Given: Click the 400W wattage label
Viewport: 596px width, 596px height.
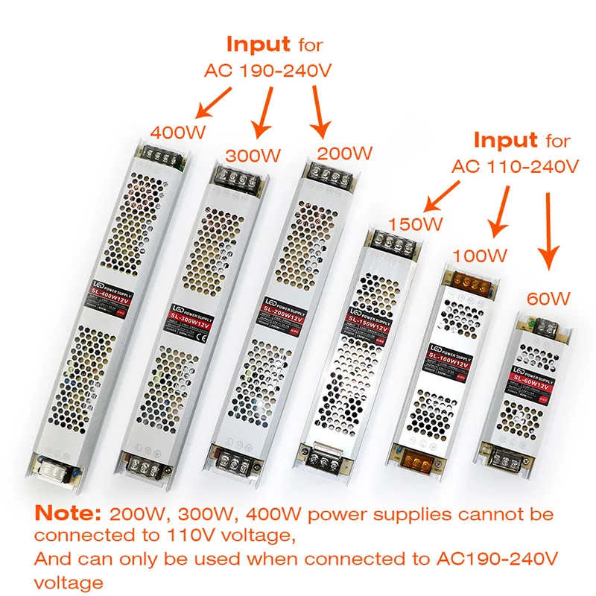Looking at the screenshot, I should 178,133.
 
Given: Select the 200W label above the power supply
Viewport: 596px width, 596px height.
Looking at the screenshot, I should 343,153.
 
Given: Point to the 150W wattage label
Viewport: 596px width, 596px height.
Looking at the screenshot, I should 415,223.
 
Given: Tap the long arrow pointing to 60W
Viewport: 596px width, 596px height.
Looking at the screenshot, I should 550,230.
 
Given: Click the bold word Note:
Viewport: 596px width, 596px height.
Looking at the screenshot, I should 69,513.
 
